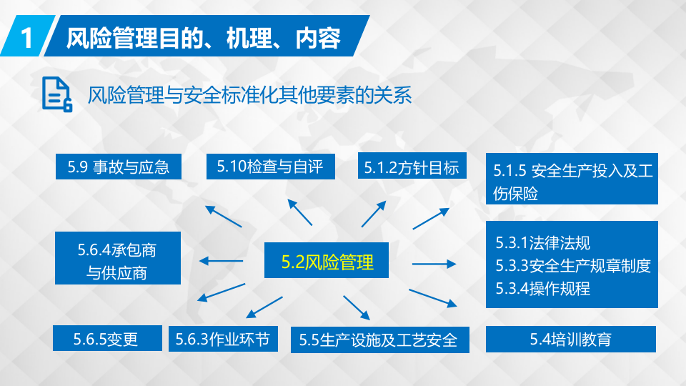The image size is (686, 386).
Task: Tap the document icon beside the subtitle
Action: pos(56,94)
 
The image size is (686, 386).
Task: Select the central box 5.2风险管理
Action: pos(327,262)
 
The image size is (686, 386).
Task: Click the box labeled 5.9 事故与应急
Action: pos(119,167)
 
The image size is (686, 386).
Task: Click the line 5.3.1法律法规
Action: pos(543,243)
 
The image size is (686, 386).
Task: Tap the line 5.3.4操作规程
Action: pos(543,289)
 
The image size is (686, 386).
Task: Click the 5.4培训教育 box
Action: pos(570,340)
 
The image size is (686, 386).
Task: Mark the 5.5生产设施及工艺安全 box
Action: pos(379,340)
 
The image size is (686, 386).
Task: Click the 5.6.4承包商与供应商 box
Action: pos(117,260)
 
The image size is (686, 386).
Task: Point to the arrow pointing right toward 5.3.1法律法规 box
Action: pos(434,264)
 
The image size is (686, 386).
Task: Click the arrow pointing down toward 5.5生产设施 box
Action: pos(356,307)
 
